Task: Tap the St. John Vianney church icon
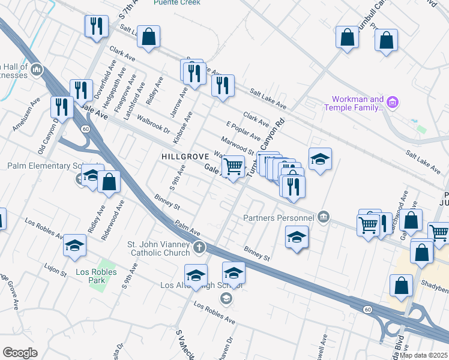pyautogui.click(x=200, y=247)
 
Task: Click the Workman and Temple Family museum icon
pyautogui.click(x=393, y=103)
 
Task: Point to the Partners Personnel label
pyautogui.click(x=280, y=217)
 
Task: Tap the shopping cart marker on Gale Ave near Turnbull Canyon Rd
pyautogui.click(x=233, y=166)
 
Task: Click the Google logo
pyautogui.click(x=20, y=353)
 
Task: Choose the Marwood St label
pyautogui.click(x=238, y=145)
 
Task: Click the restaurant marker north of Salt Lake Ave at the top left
pyautogui.click(x=96, y=26)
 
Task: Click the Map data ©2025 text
pyautogui.click(x=424, y=355)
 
